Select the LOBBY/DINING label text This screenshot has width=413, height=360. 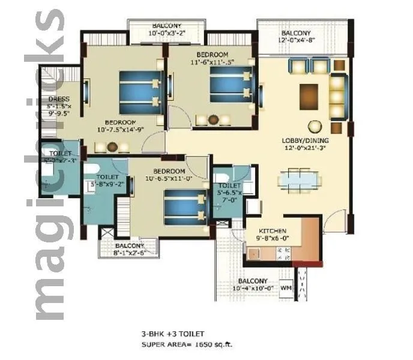pos(306,142)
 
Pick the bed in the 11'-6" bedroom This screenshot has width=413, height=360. pos(229,84)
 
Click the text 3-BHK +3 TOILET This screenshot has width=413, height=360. pos(172,334)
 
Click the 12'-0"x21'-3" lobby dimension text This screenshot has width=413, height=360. pos(306,149)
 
